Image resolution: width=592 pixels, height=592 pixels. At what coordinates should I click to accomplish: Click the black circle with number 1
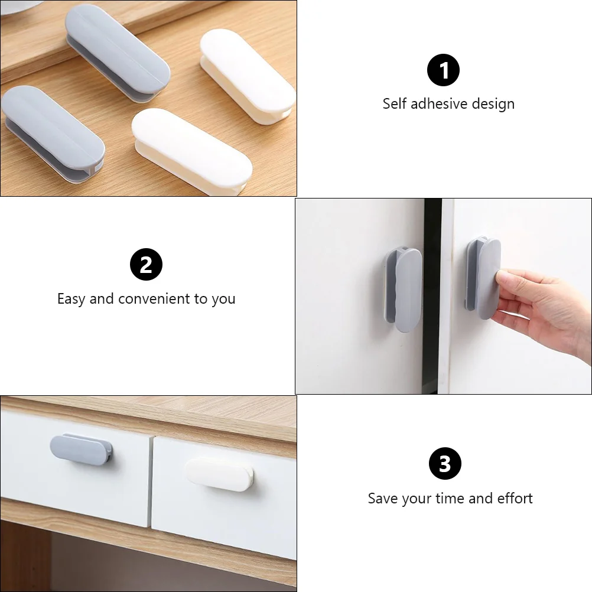(x=443, y=70)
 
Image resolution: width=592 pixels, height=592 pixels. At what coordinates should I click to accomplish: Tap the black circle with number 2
(x=146, y=265)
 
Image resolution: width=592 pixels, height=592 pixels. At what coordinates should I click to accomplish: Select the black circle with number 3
(x=444, y=464)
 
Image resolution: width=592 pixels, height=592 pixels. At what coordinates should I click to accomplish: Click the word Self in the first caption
(x=394, y=104)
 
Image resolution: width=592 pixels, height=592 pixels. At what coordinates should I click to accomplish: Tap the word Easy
(x=71, y=299)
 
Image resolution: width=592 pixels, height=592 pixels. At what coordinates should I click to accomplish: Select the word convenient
(x=155, y=299)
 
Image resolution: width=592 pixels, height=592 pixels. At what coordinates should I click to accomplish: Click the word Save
(x=383, y=499)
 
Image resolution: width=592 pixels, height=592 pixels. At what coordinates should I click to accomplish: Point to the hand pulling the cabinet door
(x=544, y=307)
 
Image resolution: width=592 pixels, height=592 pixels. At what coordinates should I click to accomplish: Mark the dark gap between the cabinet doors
(x=432, y=295)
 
